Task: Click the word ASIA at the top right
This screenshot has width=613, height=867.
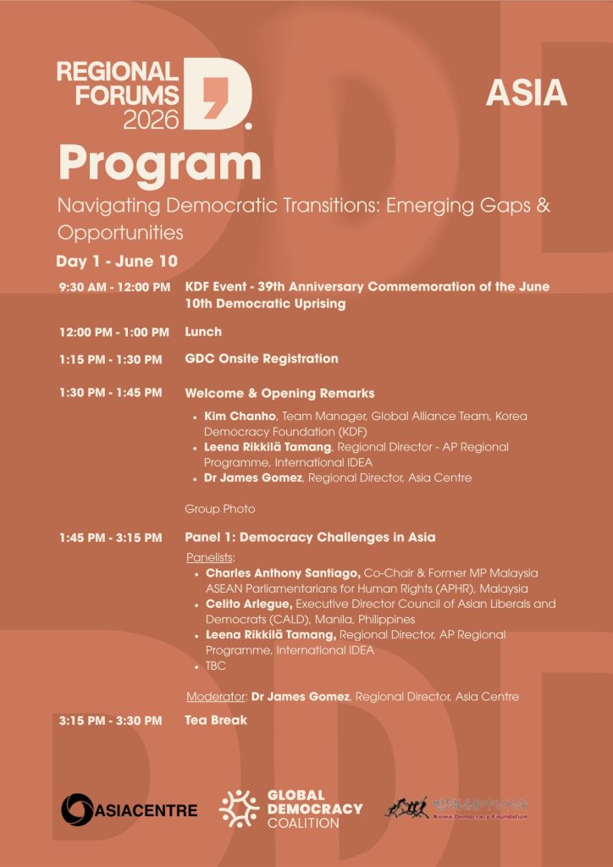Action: (x=526, y=94)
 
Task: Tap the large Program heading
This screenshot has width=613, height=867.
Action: (x=159, y=163)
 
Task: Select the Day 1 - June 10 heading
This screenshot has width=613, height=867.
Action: (x=117, y=261)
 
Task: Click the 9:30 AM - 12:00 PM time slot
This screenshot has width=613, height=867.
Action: (x=114, y=288)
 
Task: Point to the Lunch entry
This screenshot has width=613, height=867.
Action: (x=203, y=332)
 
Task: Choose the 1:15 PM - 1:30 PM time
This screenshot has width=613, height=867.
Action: (x=110, y=360)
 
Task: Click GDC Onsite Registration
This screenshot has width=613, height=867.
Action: (x=261, y=359)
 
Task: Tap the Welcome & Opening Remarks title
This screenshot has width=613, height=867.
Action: (x=279, y=394)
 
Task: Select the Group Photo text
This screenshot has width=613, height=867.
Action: (x=219, y=509)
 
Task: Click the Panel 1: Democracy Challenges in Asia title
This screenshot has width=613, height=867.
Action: (x=310, y=538)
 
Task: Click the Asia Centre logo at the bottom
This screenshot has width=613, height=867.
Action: (x=129, y=810)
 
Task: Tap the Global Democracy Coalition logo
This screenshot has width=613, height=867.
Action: (x=290, y=809)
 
